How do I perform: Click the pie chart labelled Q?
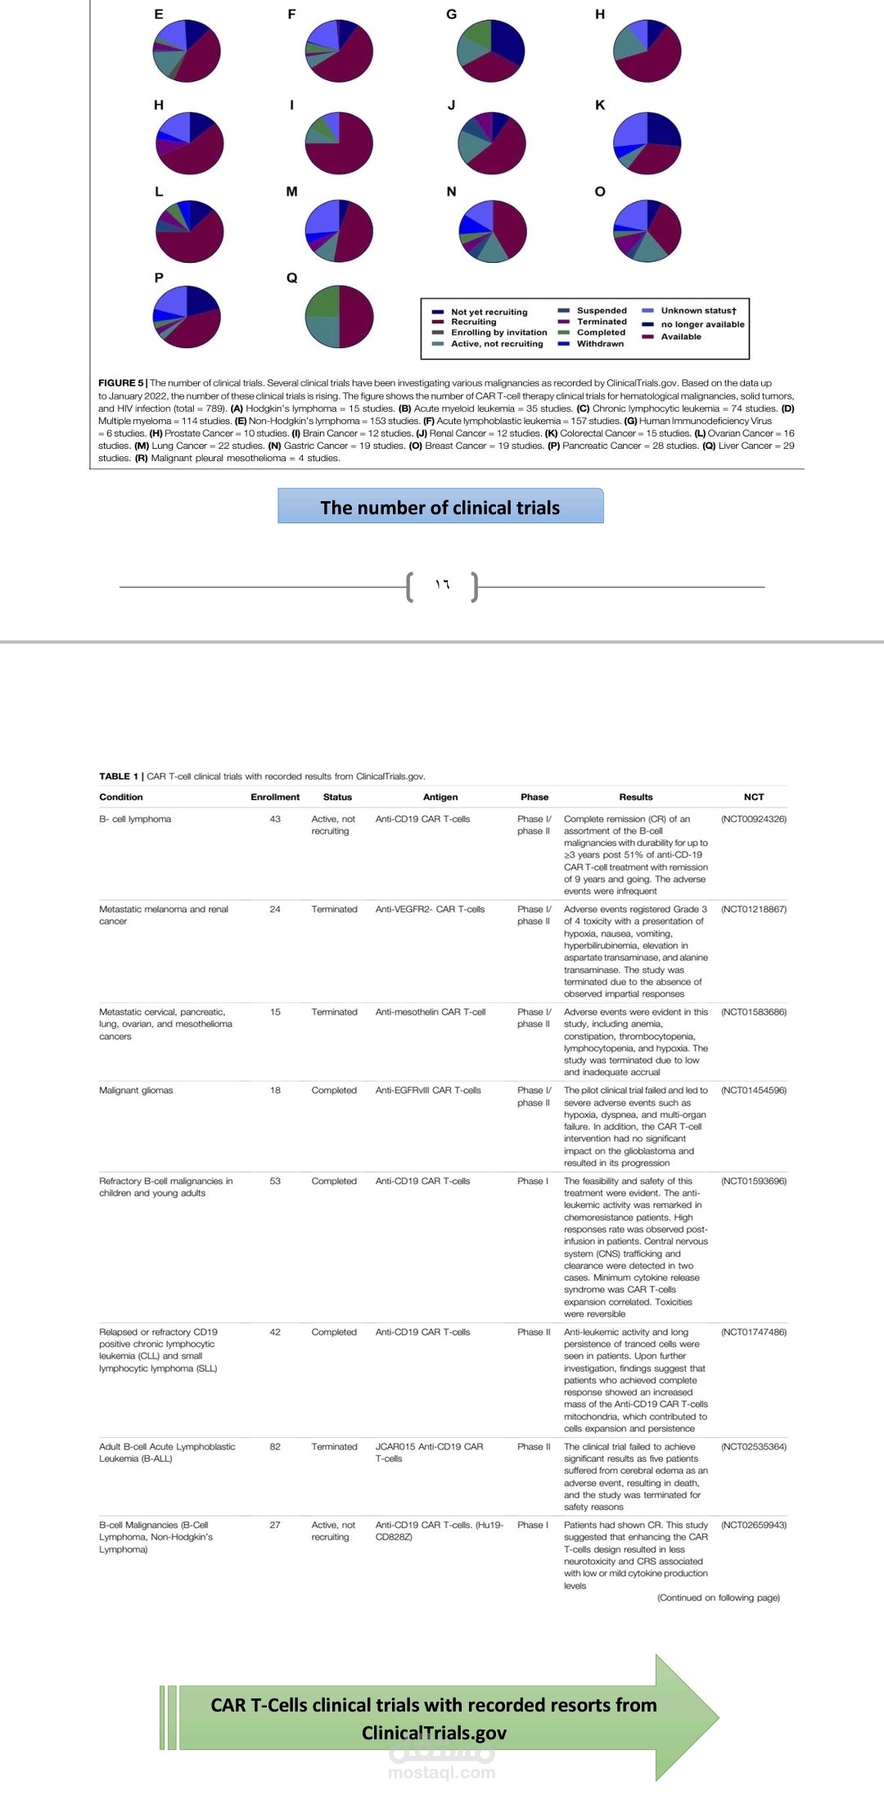(339, 316)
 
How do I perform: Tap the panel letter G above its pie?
(451, 14)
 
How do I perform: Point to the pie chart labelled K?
(647, 143)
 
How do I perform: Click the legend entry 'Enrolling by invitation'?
(498, 332)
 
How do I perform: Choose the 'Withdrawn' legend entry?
(600, 344)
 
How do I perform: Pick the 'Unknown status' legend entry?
(698, 310)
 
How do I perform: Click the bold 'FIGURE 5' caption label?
(120, 382)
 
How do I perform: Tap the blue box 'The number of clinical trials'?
(440, 507)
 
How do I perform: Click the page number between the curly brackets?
(443, 585)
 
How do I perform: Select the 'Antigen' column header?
(440, 797)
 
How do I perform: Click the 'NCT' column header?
(754, 797)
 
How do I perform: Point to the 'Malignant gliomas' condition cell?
(136, 1090)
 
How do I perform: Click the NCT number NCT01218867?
(754, 909)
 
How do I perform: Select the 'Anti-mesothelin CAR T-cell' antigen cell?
(431, 1012)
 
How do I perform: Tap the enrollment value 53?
(275, 1181)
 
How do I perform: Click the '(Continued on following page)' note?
(718, 1597)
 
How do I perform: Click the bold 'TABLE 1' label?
(119, 776)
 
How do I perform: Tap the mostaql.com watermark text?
(441, 1773)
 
